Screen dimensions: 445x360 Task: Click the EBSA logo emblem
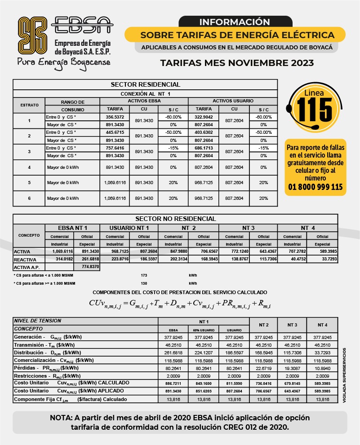32,35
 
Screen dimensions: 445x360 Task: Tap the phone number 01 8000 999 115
315,187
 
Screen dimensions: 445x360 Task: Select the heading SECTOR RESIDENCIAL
145,84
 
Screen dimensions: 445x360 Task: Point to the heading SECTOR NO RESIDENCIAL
175,219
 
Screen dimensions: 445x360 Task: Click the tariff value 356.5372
111,117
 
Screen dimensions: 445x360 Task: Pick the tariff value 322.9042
204,117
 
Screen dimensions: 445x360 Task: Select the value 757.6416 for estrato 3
111,148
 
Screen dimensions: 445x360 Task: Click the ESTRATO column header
29,105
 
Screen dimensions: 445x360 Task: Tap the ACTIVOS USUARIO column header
232,101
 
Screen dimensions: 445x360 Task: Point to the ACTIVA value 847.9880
174,252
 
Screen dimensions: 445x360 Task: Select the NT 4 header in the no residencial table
307,228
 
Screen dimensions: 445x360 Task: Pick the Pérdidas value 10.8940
322,367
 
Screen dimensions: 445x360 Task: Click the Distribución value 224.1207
203,352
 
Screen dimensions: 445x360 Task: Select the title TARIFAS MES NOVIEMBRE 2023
237,63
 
